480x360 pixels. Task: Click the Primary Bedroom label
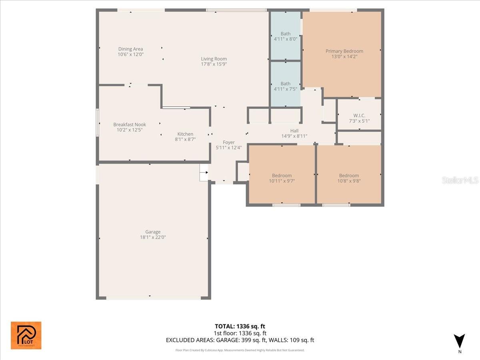tap(344, 51)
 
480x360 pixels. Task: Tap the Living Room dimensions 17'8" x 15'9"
tap(214, 64)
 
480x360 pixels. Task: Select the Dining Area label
tap(130, 49)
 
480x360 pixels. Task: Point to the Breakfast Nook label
tap(129, 124)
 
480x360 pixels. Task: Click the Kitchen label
tap(185, 134)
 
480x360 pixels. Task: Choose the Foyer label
tap(228, 142)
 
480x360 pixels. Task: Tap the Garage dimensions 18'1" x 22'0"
tap(153, 237)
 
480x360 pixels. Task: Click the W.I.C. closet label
tap(359, 116)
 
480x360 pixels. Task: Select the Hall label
tap(294, 131)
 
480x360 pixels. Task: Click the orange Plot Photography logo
tap(26, 335)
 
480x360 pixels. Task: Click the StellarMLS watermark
tap(460, 180)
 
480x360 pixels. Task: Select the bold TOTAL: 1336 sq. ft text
tap(240, 326)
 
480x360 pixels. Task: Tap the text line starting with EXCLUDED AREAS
tap(240, 340)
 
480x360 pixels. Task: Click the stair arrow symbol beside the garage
tap(204, 173)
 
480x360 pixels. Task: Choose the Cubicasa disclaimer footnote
tap(240, 350)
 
